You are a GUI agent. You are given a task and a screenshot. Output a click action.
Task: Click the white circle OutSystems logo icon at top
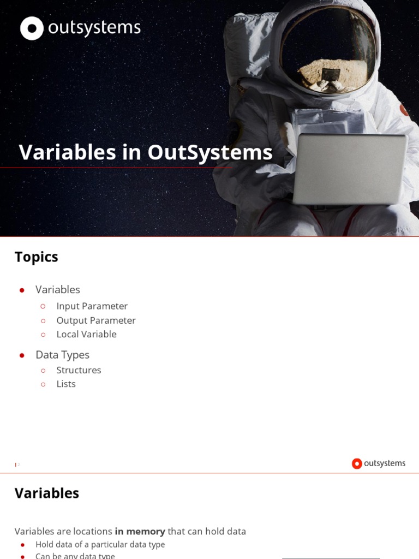coord(32,28)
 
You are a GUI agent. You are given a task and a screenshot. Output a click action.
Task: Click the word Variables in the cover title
coord(68,152)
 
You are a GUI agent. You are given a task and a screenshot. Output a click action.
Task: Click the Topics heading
coord(37,257)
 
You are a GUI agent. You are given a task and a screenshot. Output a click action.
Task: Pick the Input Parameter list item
coord(92,306)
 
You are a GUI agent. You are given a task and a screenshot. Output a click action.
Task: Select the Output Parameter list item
coord(96,320)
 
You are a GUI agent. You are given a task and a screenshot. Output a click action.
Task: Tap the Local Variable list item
coord(86,334)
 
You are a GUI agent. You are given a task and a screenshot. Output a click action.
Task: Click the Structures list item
coord(79,370)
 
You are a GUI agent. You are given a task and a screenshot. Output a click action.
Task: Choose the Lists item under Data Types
coord(66,384)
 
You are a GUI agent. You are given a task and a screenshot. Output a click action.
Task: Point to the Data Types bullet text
coord(62,355)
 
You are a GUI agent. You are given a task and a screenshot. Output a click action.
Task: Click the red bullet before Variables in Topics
coord(22,290)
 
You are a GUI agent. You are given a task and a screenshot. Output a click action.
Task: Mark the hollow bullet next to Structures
coord(43,370)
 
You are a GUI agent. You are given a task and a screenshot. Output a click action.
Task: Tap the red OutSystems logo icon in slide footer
coord(357,463)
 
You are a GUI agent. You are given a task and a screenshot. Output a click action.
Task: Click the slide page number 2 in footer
coord(18,465)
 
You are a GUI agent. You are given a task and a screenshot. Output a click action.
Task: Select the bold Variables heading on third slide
coord(47,493)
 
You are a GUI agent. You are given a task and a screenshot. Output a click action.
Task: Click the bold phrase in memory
coord(140,531)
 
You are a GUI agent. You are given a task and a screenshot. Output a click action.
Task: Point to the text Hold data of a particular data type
coord(100,544)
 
